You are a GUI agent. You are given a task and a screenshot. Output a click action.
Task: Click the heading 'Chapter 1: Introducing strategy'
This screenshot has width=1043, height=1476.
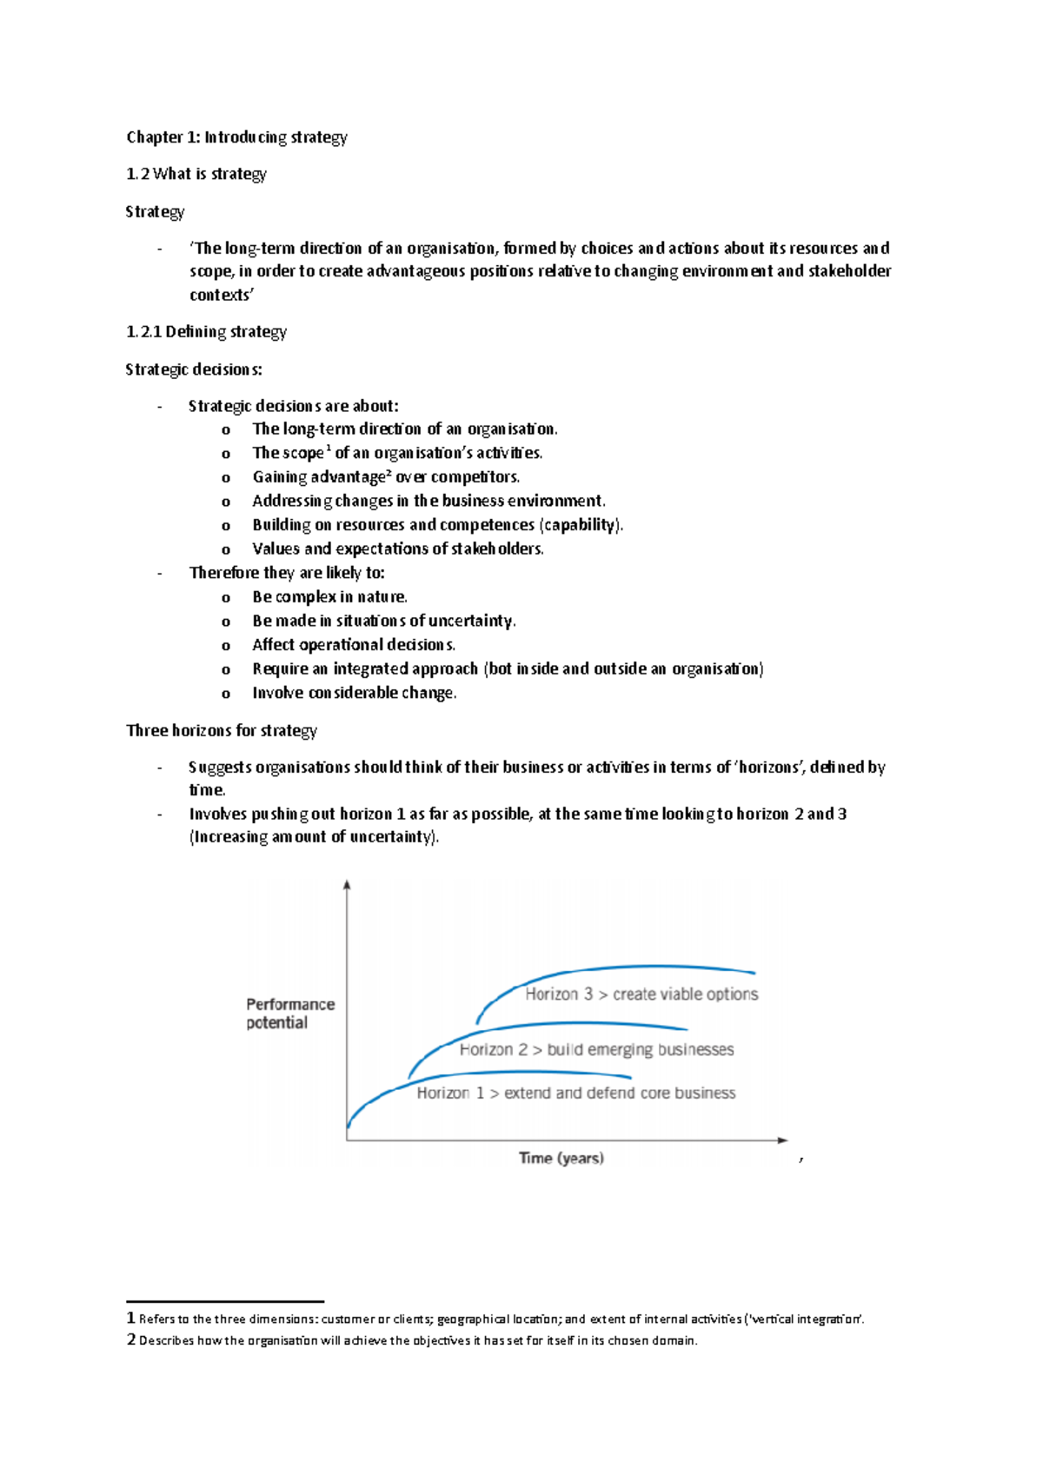coord(236,137)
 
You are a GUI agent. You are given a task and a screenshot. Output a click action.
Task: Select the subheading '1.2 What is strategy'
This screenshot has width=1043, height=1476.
coord(196,174)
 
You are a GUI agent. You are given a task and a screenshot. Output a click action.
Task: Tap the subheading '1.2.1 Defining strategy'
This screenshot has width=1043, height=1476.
coord(206,331)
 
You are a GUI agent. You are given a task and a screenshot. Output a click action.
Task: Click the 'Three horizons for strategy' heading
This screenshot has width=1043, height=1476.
coord(222,730)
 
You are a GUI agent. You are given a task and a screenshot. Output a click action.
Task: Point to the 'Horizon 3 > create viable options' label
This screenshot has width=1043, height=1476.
coord(641,994)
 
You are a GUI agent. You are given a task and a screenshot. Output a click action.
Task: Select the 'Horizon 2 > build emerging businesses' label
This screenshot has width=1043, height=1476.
coord(596,1050)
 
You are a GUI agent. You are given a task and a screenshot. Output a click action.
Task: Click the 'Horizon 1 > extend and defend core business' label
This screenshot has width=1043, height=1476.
coord(575,1094)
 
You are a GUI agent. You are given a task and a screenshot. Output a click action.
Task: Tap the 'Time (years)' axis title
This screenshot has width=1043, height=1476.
coord(561,1158)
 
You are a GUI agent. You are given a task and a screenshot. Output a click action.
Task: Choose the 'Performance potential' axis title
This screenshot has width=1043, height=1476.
coord(289,1014)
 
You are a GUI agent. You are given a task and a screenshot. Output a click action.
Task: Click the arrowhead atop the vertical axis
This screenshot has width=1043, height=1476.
coord(347,885)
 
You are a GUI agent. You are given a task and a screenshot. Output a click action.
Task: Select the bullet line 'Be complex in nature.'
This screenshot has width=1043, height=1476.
coord(329,597)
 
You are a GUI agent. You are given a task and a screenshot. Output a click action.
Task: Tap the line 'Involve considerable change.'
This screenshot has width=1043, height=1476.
coord(354,693)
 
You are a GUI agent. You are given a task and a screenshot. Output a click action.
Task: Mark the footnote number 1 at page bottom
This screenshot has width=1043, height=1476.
coord(130,1319)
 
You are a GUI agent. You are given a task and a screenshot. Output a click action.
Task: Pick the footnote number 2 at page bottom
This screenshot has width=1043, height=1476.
coord(131,1340)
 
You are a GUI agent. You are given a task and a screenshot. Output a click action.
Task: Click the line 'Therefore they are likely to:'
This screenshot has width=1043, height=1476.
coord(287,573)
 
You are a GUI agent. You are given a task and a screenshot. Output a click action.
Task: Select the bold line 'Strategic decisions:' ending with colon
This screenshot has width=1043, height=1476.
coord(194,369)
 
